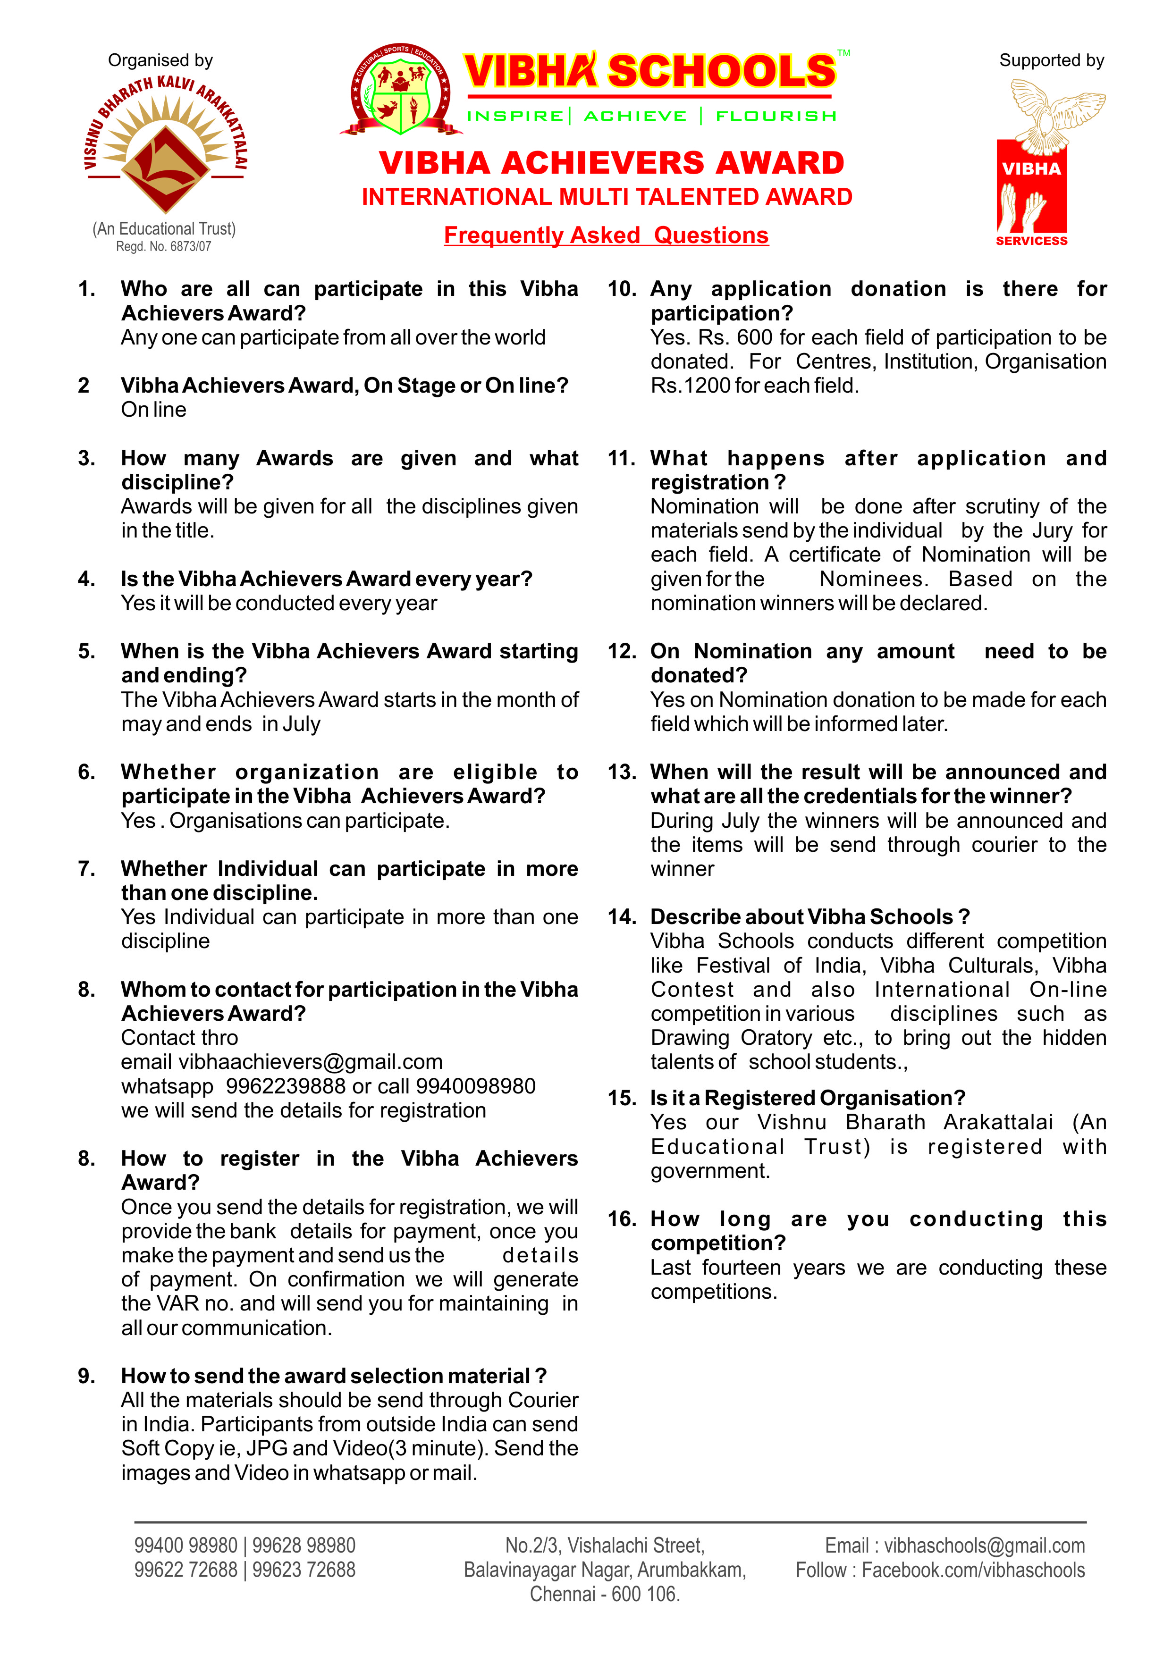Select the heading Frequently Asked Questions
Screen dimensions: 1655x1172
point(606,235)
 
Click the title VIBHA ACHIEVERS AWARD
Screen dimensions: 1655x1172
point(611,163)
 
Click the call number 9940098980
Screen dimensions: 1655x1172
point(476,1086)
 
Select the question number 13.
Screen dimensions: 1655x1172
point(621,772)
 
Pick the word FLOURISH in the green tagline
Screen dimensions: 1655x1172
point(776,116)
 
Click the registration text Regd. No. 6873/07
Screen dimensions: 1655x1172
point(164,247)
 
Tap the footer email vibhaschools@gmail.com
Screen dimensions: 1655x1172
point(984,1546)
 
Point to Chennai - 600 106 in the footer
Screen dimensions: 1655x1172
point(605,1595)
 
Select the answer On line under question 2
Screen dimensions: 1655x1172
point(154,410)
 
